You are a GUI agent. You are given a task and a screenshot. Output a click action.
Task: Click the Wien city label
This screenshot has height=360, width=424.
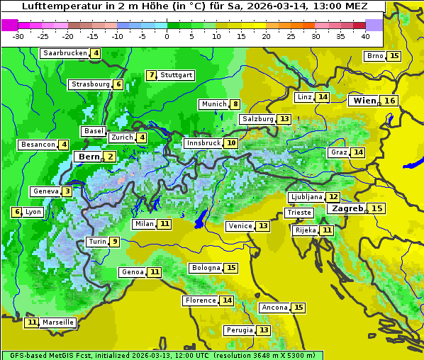pyautogui.click(x=364, y=101)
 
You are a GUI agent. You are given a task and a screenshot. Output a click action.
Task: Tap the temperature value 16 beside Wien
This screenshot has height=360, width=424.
pyautogui.click(x=390, y=101)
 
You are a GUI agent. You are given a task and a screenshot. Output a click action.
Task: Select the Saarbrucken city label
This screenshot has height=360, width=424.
pyautogui.click(x=65, y=53)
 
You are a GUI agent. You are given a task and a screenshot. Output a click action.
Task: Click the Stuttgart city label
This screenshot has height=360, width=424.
pyautogui.click(x=177, y=75)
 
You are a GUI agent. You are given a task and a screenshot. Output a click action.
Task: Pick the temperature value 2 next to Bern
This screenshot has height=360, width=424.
pyautogui.click(x=110, y=157)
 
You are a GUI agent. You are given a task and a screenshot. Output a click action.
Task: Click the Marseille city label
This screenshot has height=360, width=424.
pyautogui.click(x=58, y=322)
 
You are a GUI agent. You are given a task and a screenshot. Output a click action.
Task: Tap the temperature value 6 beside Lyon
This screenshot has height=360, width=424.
pyautogui.click(x=16, y=212)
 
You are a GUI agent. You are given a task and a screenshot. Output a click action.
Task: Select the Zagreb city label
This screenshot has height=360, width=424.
pyautogui.click(x=346, y=208)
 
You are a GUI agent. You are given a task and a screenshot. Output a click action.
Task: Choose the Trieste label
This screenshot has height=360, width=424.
pyautogui.click(x=299, y=213)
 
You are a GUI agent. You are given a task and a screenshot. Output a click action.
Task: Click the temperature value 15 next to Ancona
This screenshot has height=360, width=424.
pyautogui.click(x=299, y=308)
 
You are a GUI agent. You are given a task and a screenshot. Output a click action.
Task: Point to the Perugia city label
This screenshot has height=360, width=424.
pyautogui.click(x=239, y=330)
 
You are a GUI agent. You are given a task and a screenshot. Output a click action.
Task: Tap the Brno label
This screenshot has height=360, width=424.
pyautogui.click(x=374, y=56)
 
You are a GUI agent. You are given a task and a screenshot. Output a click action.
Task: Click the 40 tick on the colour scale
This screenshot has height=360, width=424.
pyautogui.click(x=365, y=35)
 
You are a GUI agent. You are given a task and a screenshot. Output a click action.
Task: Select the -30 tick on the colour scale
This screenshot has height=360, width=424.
pyautogui.click(x=18, y=35)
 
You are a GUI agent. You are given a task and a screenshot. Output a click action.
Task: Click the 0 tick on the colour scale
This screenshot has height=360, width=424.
pyautogui.click(x=167, y=35)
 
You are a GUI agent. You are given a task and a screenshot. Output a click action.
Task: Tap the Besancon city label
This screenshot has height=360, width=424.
pyautogui.click(x=38, y=145)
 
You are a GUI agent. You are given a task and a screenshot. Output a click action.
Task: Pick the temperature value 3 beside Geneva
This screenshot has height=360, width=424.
pyautogui.click(x=67, y=191)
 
